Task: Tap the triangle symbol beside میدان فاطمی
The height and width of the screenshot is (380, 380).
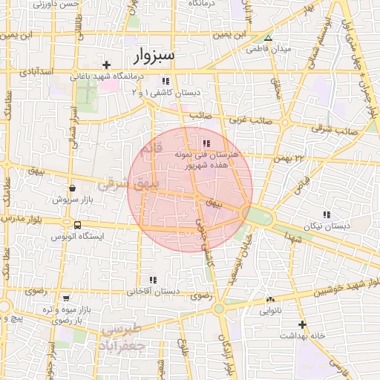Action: pyautogui.click(x=269, y=38)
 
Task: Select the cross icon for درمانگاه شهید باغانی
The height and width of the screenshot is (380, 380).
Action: pyautogui.click(x=107, y=65)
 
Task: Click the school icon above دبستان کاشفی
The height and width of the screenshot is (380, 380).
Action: pyautogui.click(x=166, y=81)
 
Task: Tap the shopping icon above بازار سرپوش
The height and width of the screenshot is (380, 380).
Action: pyautogui.click(x=72, y=189)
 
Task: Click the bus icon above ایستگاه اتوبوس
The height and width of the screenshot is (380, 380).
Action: pyautogui.click(x=77, y=225)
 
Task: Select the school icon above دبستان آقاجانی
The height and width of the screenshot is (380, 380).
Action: pyautogui.click(x=153, y=280)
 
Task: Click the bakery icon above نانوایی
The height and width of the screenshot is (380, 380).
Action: pyautogui.click(x=269, y=300)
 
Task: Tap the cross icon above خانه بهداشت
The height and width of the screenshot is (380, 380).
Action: pyautogui.click(x=302, y=324)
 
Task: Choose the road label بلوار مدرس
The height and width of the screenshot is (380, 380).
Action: pyautogui.click(x=22, y=220)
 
